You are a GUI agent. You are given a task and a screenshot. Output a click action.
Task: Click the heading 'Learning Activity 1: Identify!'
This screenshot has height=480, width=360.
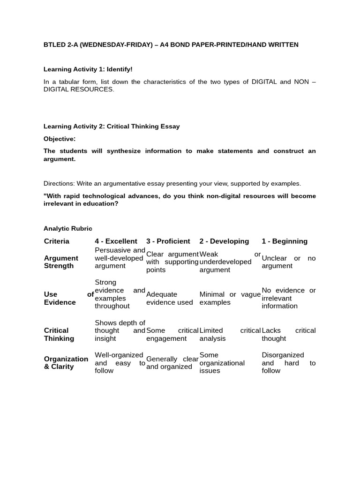point(88,69)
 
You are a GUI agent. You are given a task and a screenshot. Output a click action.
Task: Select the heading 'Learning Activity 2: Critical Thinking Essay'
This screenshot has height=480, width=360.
point(112,127)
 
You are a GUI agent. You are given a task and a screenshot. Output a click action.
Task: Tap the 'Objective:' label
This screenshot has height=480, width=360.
point(60,139)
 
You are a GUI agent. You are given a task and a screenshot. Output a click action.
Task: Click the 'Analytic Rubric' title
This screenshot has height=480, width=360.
point(68,229)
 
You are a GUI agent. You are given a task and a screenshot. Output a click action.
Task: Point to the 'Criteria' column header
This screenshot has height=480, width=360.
point(57,241)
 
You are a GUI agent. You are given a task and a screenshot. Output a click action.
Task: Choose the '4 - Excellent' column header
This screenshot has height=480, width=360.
point(116,241)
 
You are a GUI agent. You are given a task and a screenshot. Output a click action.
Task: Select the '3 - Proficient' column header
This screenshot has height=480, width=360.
point(168,241)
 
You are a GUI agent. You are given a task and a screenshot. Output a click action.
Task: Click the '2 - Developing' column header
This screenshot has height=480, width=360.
point(224,241)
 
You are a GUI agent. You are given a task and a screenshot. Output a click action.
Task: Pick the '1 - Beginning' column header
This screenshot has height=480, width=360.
point(285,241)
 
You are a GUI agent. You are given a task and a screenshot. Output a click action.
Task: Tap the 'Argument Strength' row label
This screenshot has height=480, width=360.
point(61,262)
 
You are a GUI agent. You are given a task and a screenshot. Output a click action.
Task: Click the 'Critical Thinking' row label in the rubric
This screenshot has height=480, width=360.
point(59,335)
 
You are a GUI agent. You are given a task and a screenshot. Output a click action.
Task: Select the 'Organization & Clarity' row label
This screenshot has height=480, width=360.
point(66,363)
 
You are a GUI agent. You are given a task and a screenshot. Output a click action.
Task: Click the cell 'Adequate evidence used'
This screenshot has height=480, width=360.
point(169,299)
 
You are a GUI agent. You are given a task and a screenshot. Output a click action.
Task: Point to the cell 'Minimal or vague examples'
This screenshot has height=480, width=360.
point(230,299)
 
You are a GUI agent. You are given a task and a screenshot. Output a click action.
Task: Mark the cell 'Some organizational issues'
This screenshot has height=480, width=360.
point(222,363)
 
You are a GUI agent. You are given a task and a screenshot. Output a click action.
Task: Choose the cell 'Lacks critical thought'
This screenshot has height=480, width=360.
point(288,335)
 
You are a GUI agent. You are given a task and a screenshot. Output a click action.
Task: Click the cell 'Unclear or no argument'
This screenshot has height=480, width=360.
point(288,262)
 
